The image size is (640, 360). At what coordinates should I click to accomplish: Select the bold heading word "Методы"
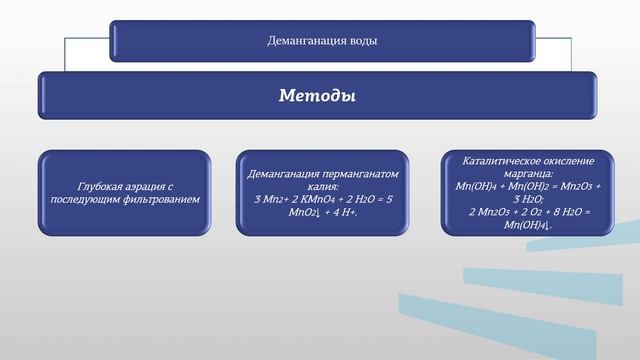tap(319, 96)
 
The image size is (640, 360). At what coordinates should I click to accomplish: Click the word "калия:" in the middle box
tap(322, 186)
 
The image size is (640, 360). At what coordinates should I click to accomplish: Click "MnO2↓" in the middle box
tap(304, 212)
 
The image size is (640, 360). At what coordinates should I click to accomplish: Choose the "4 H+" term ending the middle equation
tap(343, 212)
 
